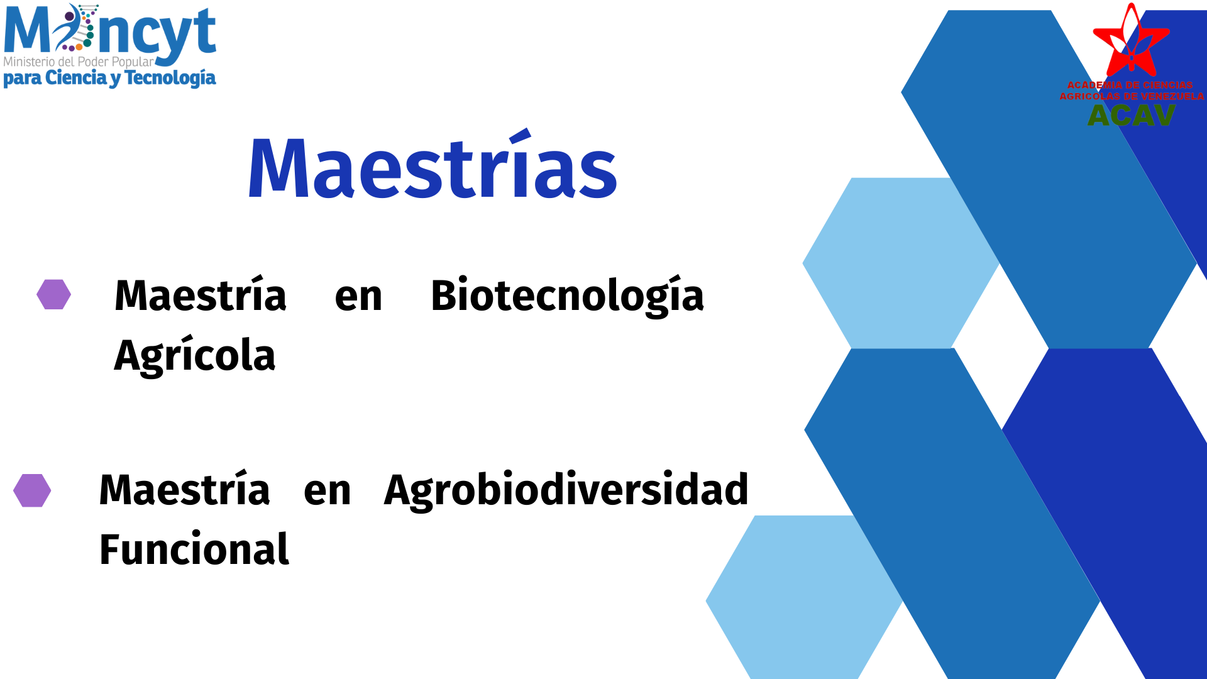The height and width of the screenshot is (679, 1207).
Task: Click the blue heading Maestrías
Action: pos(433,166)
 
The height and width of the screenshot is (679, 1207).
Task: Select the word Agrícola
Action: pos(195,355)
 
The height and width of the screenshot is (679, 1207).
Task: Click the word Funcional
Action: pos(194,549)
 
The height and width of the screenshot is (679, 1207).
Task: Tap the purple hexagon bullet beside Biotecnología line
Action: pos(54,294)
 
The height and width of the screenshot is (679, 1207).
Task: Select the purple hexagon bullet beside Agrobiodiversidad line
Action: pos(32,490)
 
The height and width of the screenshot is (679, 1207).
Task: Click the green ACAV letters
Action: pos(1132,115)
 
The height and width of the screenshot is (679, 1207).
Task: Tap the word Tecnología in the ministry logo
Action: pos(170,78)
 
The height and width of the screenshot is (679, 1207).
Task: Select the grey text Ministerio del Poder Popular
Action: pos(79,62)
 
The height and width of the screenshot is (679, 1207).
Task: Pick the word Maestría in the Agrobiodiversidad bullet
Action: pos(185,489)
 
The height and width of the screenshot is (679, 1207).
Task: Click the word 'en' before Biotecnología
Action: pos(358,297)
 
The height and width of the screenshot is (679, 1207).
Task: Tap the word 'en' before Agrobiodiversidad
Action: pos(328,491)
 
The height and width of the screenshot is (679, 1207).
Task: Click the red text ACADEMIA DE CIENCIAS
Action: pos(1130,85)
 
